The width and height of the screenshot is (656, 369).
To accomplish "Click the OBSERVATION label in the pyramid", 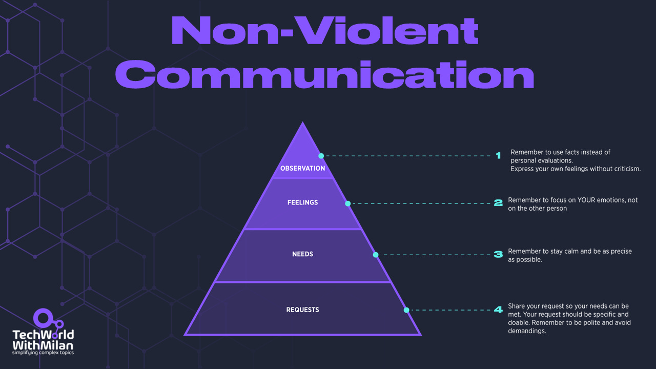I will pyautogui.click(x=302, y=168).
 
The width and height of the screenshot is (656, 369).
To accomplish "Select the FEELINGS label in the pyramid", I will pyautogui.click(x=302, y=202).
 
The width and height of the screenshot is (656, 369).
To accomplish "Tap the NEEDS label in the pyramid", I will pyautogui.click(x=302, y=254).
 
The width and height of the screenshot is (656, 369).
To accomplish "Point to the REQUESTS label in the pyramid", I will pyautogui.click(x=302, y=310).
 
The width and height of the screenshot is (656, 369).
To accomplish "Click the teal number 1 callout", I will pyautogui.click(x=498, y=156).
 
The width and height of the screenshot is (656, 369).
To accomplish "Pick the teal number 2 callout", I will pyautogui.click(x=498, y=203).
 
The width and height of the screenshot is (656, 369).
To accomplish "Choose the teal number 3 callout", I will pyautogui.click(x=498, y=254).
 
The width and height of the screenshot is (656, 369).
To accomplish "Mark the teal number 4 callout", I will pyautogui.click(x=498, y=310).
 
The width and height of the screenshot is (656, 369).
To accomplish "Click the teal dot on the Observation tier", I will pyautogui.click(x=321, y=156).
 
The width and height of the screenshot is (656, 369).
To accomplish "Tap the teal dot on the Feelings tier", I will pyautogui.click(x=347, y=203).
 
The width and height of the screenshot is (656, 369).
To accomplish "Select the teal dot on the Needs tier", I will pyautogui.click(x=375, y=255).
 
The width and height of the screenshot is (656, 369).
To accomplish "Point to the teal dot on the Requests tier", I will pyautogui.click(x=406, y=310).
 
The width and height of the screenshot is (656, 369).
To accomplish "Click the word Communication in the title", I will pyautogui.click(x=324, y=75).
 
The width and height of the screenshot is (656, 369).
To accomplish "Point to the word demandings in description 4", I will pyautogui.click(x=527, y=331).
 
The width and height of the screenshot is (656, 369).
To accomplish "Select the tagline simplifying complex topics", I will pyautogui.click(x=43, y=353).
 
